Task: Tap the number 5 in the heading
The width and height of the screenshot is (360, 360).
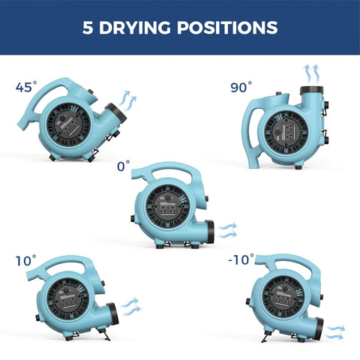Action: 88,28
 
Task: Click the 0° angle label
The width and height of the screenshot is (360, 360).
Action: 123,163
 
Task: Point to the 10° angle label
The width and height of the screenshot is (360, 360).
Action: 26,261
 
